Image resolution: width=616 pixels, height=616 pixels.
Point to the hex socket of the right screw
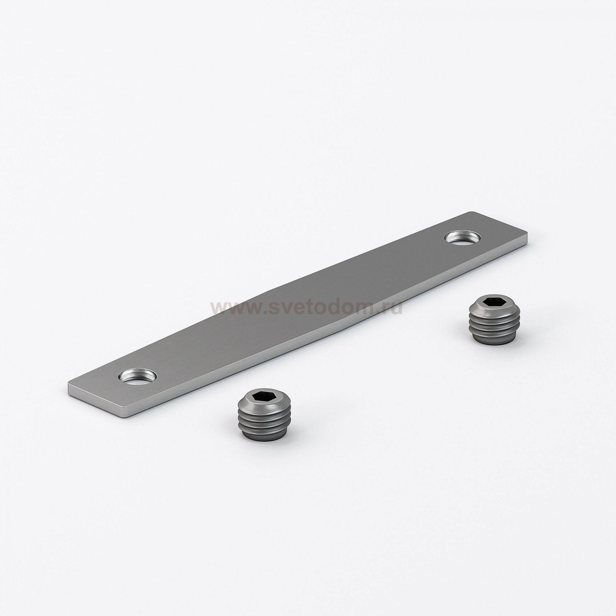pos(489,302)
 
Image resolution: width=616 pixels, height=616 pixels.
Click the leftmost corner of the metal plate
pos(68,386)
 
